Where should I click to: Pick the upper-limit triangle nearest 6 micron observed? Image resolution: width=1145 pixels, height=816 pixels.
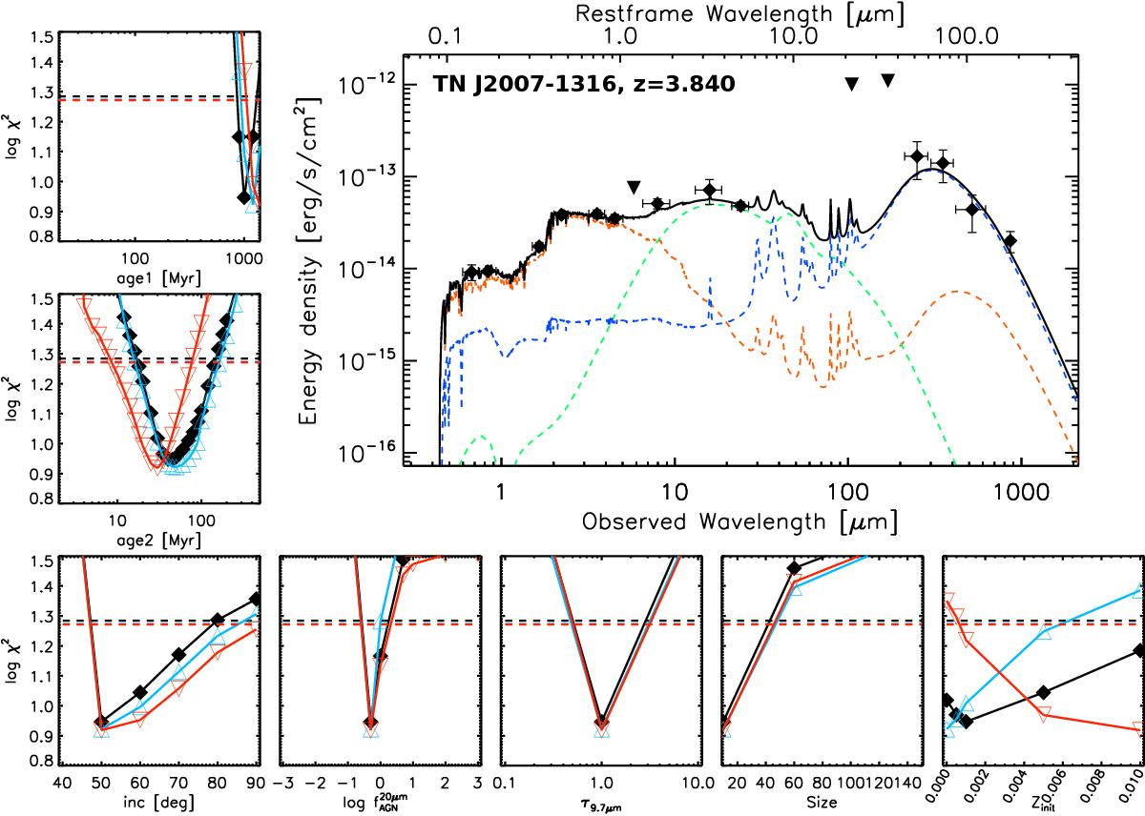[x=633, y=187]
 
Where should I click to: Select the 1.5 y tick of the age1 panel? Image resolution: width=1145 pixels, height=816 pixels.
[x=39, y=36]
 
